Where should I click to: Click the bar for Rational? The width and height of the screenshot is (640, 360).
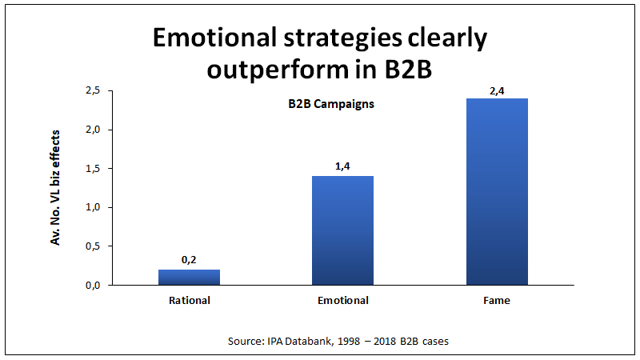click(x=189, y=277)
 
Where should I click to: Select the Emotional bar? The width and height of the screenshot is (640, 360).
click(x=342, y=230)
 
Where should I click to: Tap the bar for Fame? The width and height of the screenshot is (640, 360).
click(x=496, y=192)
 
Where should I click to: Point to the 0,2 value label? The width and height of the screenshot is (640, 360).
click(x=189, y=260)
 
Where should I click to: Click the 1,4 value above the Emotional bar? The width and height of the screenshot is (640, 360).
click(x=342, y=166)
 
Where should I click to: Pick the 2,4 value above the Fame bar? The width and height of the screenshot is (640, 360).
click(x=496, y=90)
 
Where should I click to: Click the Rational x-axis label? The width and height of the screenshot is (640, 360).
click(x=189, y=301)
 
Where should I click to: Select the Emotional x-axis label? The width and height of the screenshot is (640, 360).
click(x=342, y=301)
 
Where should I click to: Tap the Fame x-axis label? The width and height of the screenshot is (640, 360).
click(x=496, y=301)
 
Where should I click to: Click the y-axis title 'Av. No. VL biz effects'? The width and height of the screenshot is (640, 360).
click(x=56, y=188)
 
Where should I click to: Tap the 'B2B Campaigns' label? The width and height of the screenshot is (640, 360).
click(x=331, y=104)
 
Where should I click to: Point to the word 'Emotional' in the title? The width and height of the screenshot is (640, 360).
click(x=211, y=38)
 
